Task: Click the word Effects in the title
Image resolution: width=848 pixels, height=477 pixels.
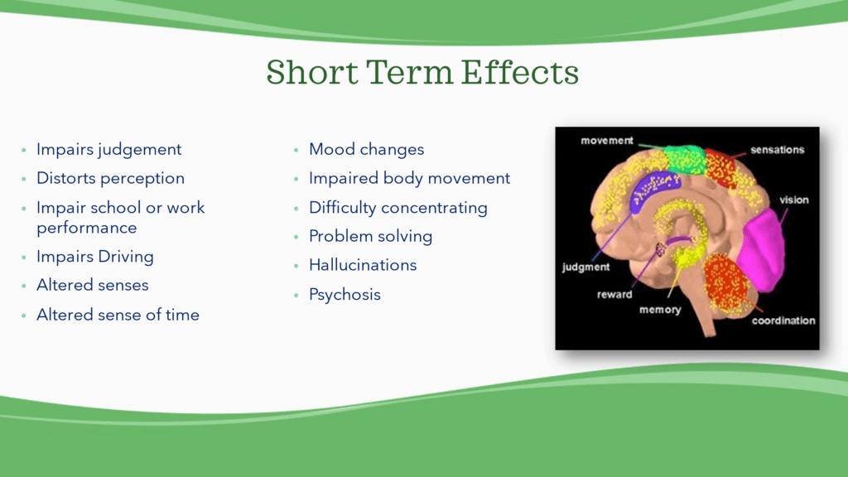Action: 520,73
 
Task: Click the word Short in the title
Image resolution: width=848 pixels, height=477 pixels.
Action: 312,73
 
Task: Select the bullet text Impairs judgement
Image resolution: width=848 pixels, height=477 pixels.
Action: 108,149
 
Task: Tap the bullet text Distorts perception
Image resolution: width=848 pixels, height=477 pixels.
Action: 110,179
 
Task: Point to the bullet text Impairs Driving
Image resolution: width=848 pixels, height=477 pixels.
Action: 94,257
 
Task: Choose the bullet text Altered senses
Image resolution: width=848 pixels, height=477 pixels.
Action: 93,285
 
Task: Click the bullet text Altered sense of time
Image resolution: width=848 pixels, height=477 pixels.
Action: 118,315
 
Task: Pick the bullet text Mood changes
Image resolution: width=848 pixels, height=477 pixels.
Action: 366,149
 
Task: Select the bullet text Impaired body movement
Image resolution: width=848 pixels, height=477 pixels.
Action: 409,179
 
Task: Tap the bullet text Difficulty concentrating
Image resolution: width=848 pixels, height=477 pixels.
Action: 398,208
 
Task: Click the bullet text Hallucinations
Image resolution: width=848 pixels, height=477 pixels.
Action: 363,265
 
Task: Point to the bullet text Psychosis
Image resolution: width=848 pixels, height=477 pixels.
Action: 344,295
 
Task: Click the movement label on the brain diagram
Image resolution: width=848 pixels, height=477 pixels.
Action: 607,141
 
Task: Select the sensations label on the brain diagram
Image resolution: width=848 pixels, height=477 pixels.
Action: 777,150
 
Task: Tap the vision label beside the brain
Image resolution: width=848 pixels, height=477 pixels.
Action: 794,200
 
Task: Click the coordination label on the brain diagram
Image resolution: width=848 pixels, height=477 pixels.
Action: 783,320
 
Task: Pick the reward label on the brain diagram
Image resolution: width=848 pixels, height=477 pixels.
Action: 614,295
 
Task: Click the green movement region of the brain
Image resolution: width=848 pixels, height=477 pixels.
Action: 683,160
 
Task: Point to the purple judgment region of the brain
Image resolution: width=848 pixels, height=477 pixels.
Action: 653,189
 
